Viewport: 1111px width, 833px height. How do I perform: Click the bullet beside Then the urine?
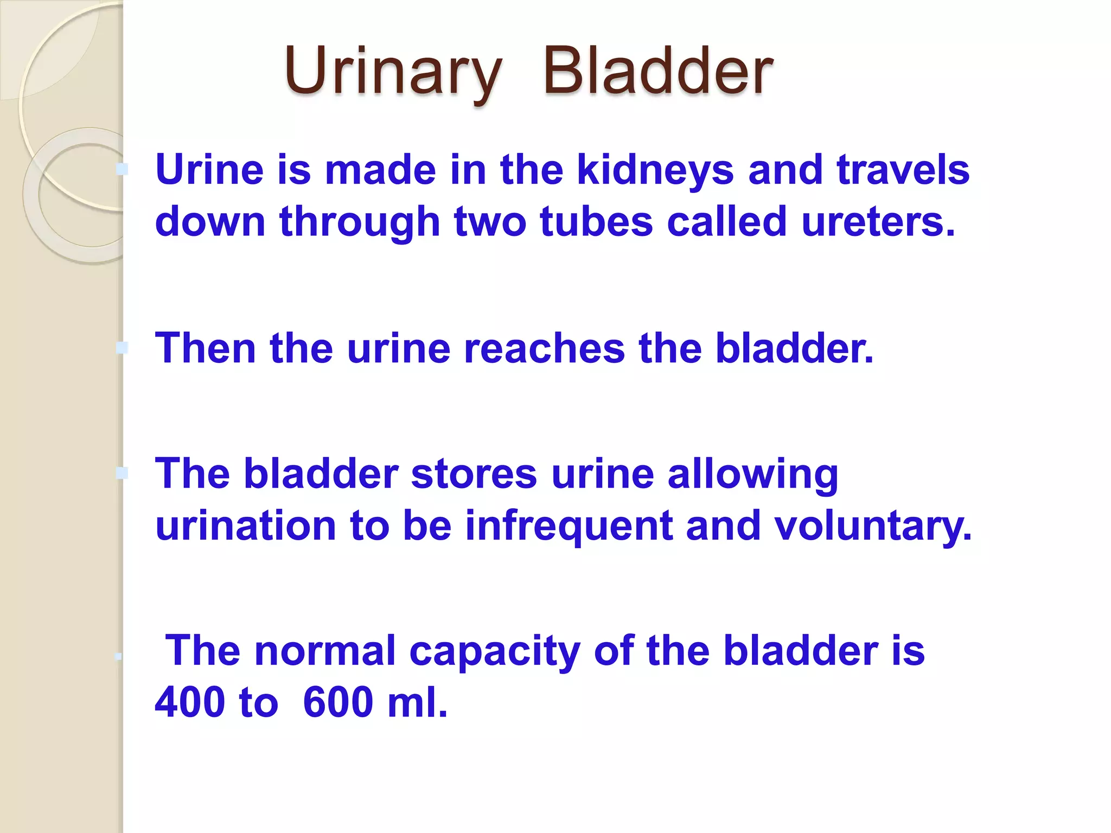pyautogui.click(x=122, y=348)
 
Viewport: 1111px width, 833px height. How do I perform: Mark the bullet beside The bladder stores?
pyautogui.click(x=122, y=473)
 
